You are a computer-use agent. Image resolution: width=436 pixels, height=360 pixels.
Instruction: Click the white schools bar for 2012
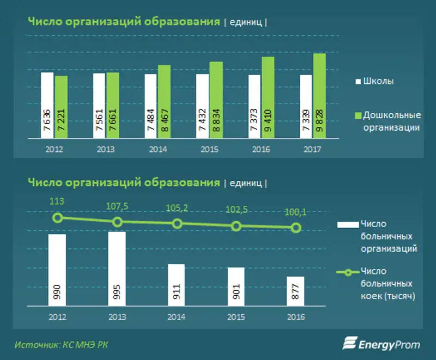(x=47, y=106)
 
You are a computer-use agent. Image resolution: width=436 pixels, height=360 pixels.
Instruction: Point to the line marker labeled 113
(x=58, y=218)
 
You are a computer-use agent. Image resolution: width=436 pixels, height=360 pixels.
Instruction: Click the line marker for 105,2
(x=177, y=224)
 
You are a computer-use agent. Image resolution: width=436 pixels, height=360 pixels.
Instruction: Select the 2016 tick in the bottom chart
(x=296, y=317)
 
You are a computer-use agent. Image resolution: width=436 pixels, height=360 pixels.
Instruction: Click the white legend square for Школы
(x=358, y=81)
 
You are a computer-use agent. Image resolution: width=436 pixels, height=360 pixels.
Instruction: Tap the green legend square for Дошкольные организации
(x=358, y=115)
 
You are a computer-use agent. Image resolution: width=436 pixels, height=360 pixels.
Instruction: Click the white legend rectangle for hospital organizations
(x=347, y=224)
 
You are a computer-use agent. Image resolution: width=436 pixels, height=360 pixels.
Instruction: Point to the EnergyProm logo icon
(x=349, y=343)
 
